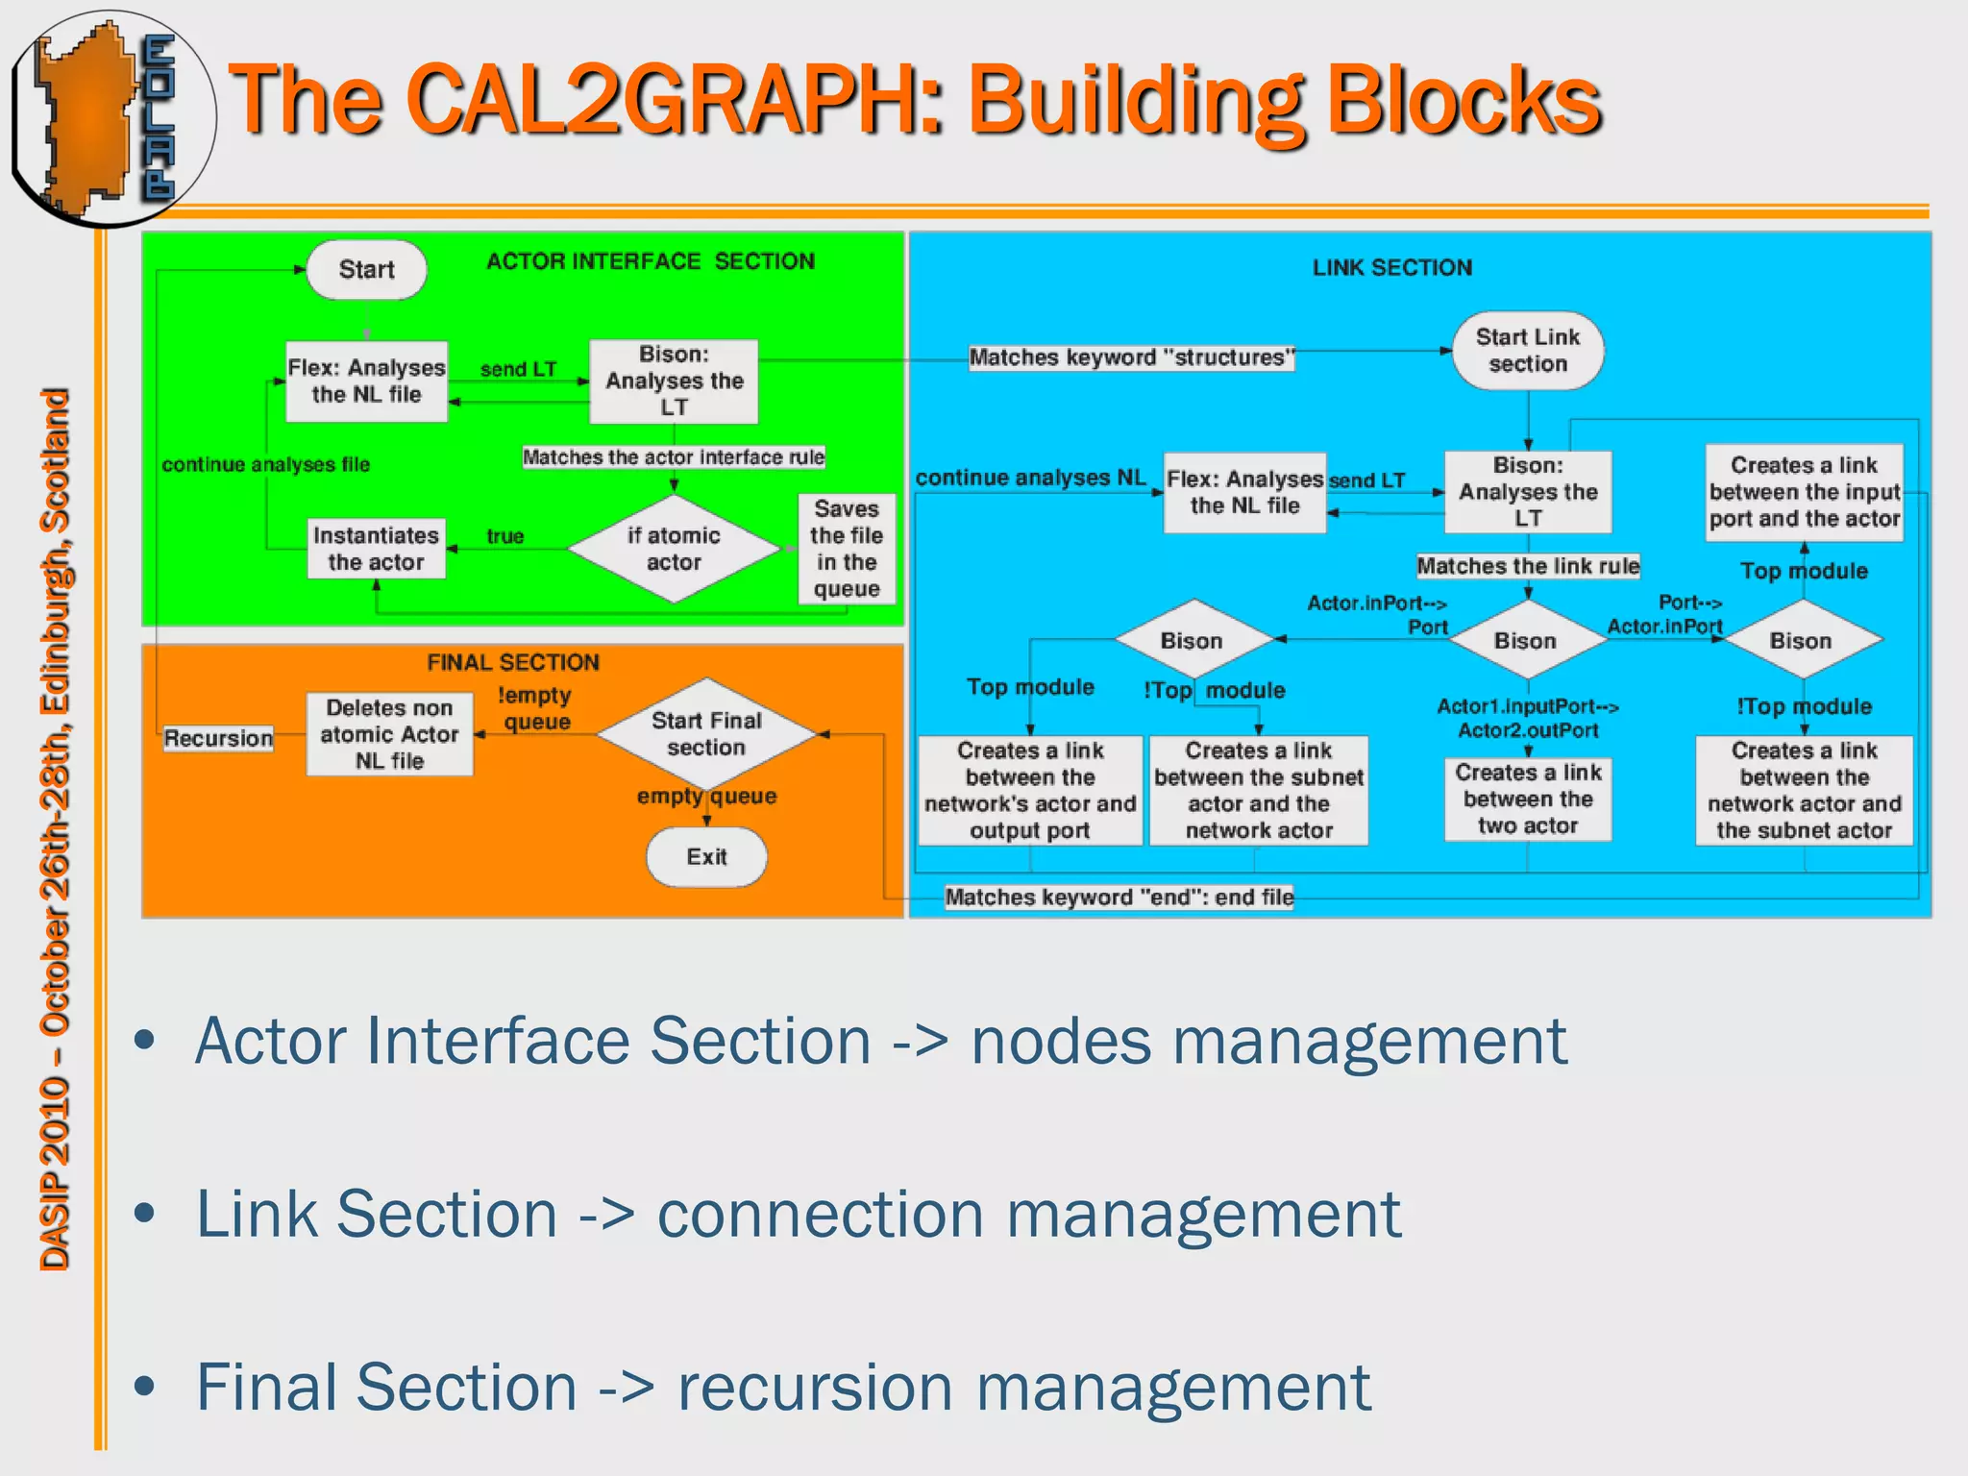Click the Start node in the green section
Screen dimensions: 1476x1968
(366, 270)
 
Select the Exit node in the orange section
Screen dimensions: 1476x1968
(706, 856)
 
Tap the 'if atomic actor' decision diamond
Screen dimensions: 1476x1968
(674, 549)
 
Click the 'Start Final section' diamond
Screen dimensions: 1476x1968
(706, 734)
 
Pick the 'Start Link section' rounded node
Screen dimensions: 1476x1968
(1527, 351)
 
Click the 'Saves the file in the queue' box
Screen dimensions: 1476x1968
(846, 549)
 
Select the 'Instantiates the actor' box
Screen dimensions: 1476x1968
(376, 549)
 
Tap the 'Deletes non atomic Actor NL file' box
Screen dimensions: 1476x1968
(389, 734)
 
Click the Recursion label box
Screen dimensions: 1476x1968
(218, 738)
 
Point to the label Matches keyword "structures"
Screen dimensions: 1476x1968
(1131, 357)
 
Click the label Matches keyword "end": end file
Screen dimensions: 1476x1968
(1119, 898)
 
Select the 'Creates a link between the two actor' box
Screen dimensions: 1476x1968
(1527, 799)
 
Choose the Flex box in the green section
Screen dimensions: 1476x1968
(366, 381)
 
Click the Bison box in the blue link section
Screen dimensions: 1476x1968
(1527, 492)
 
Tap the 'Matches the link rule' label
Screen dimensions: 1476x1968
(1527, 566)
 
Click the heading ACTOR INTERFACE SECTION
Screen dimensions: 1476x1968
(650, 261)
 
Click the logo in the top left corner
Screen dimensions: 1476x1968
(111, 117)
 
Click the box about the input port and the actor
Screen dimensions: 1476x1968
(1804, 492)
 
